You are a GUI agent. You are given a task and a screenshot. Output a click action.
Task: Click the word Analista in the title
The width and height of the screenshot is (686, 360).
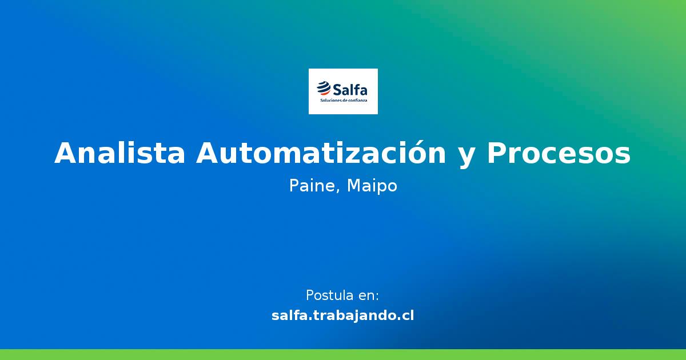pos(119,153)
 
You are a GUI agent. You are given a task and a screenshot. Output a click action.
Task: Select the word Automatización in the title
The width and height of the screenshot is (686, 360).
pos(321,153)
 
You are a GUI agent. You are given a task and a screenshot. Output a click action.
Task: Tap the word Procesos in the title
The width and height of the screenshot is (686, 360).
pos(559,153)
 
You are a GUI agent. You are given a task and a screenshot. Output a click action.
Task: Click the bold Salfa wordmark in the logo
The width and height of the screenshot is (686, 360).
pos(350,89)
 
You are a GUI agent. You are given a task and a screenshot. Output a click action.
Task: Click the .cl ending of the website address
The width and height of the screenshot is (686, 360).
pos(405,315)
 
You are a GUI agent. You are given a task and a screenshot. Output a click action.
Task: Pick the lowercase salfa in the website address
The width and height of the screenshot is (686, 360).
pos(288,315)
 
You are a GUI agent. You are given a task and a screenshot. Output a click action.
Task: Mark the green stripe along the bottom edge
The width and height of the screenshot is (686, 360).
pos(343,354)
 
